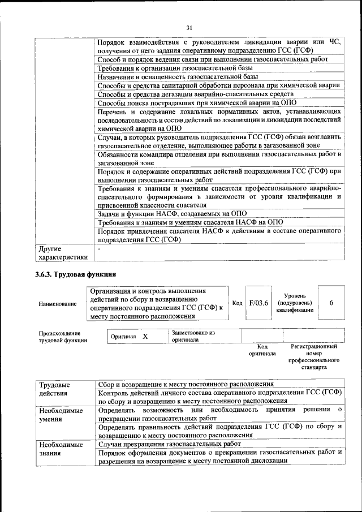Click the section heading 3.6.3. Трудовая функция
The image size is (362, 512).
72,274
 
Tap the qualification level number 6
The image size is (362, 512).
331,303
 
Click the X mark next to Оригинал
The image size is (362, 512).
145,337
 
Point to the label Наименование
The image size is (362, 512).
58,304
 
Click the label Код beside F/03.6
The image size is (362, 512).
238,303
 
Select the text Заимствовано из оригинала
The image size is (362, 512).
193,337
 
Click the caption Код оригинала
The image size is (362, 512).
262,350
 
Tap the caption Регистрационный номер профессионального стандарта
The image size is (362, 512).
314,356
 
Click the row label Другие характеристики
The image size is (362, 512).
62,252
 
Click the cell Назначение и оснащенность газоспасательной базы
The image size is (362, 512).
178,76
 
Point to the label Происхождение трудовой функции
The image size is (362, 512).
63,337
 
